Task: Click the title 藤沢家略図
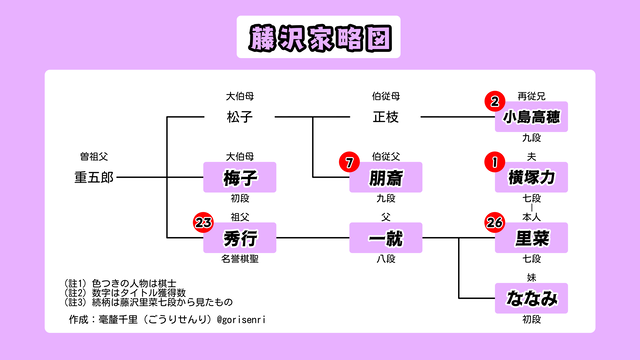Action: [319, 37]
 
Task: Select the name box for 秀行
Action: [239, 238]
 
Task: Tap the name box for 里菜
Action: [531, 238]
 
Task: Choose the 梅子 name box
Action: [239, 178]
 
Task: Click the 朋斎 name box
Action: [385, 178]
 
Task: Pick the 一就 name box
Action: [385, 238]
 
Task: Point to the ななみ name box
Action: [531, 297]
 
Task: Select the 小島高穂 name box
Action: [531, 118]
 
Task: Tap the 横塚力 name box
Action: [531, 178]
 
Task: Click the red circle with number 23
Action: [204, 222]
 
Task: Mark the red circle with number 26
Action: [494, 222]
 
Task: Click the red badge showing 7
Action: [348, 162]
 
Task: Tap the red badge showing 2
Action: [494, 101]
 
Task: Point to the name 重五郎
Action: [94, 177]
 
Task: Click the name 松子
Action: [239, 118]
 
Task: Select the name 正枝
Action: [385, 118]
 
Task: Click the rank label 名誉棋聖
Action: [239, 259]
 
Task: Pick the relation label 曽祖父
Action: [94, 157]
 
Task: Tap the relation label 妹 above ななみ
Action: [531, 276]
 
